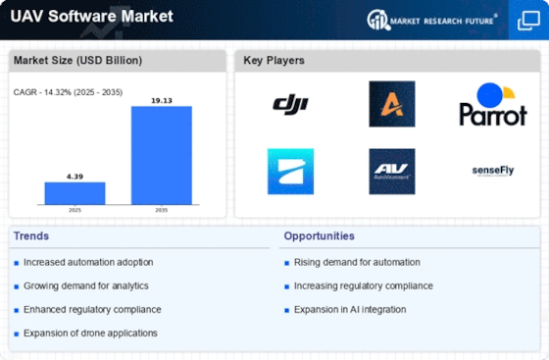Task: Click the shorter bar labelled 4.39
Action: pyautogui.click(x=75, y=192)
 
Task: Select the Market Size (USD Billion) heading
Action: pyautogui.click(x=77, y=60)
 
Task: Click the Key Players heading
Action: pyautogui.click(x=274, y=60)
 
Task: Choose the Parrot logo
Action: pyautogui.click(x=493, y=105)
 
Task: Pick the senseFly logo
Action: pyautogui.click(x=493, y=171)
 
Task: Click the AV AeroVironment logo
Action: pyautogui.click(x=392, y=171)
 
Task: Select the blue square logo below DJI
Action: pyautogui.click(x=290, y=171)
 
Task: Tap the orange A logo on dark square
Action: pyautogui.click(x=392, y=104)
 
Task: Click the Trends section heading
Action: pyautogui.click(x=31, y=236)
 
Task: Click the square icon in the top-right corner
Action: pyautogui.click(x=527, y=20)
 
